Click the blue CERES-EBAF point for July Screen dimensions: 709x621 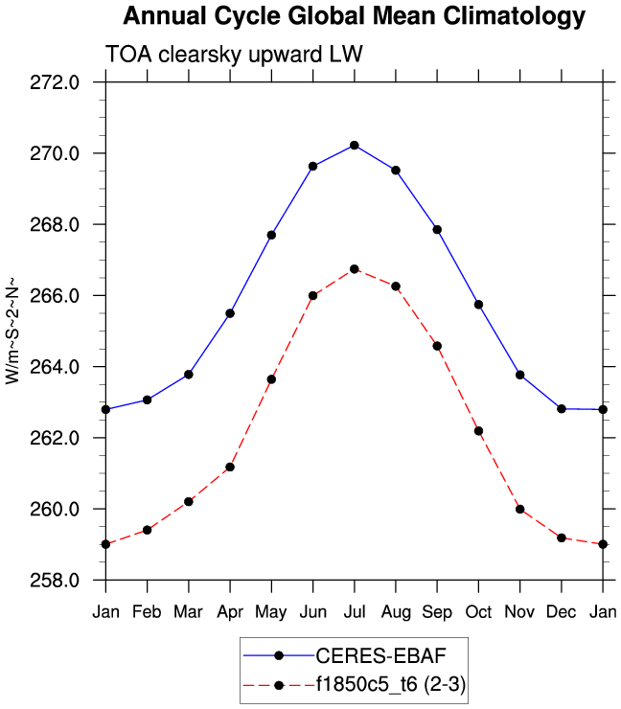click(355, 145)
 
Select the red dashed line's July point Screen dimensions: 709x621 click(355, 269)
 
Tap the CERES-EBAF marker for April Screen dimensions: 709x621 click(230, 313)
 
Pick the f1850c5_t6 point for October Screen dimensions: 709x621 click(478, 431)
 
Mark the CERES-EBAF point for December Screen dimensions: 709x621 click(562, 409)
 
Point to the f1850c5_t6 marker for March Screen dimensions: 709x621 click(189, 501)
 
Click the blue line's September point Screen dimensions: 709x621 click(437, 229)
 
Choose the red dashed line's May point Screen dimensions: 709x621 click(271, 379)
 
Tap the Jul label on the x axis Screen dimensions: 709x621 click(355, 611)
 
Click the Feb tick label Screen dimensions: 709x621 click(147, 611)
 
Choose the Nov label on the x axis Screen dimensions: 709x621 click(520, 611)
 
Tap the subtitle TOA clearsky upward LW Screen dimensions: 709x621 click(233, 55)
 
